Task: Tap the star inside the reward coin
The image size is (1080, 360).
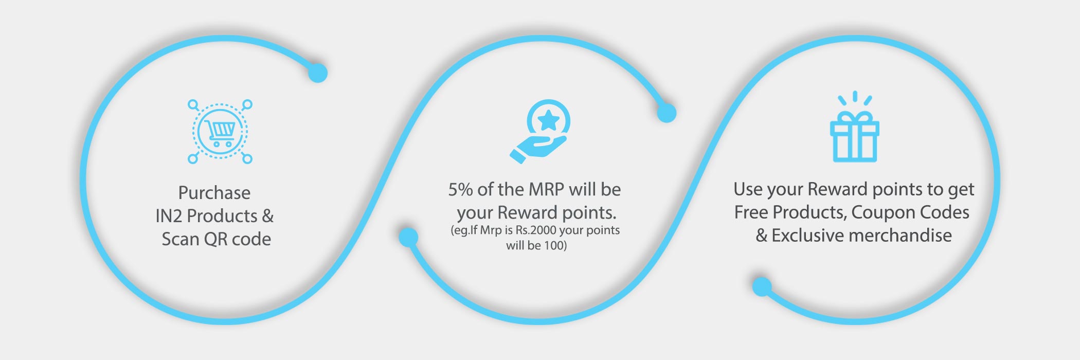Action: [x=548, y=121]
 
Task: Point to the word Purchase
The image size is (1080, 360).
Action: [x=214, y=193]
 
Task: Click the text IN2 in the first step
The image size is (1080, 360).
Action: [x=169, y=216]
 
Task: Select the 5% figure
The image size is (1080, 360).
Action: [x=460, y=189]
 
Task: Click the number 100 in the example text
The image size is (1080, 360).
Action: [x=555, y=245]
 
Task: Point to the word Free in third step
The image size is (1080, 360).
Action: [x=751, y=212]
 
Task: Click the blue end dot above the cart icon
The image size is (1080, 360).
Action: [x=318, y=73]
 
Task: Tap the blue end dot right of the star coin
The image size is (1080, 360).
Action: [x=667, y=113]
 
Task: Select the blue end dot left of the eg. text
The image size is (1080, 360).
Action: [x=408, y=237]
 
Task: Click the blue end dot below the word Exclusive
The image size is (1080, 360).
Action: [x=762, y=286]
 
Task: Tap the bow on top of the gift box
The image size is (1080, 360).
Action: [x=854, y=116]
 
